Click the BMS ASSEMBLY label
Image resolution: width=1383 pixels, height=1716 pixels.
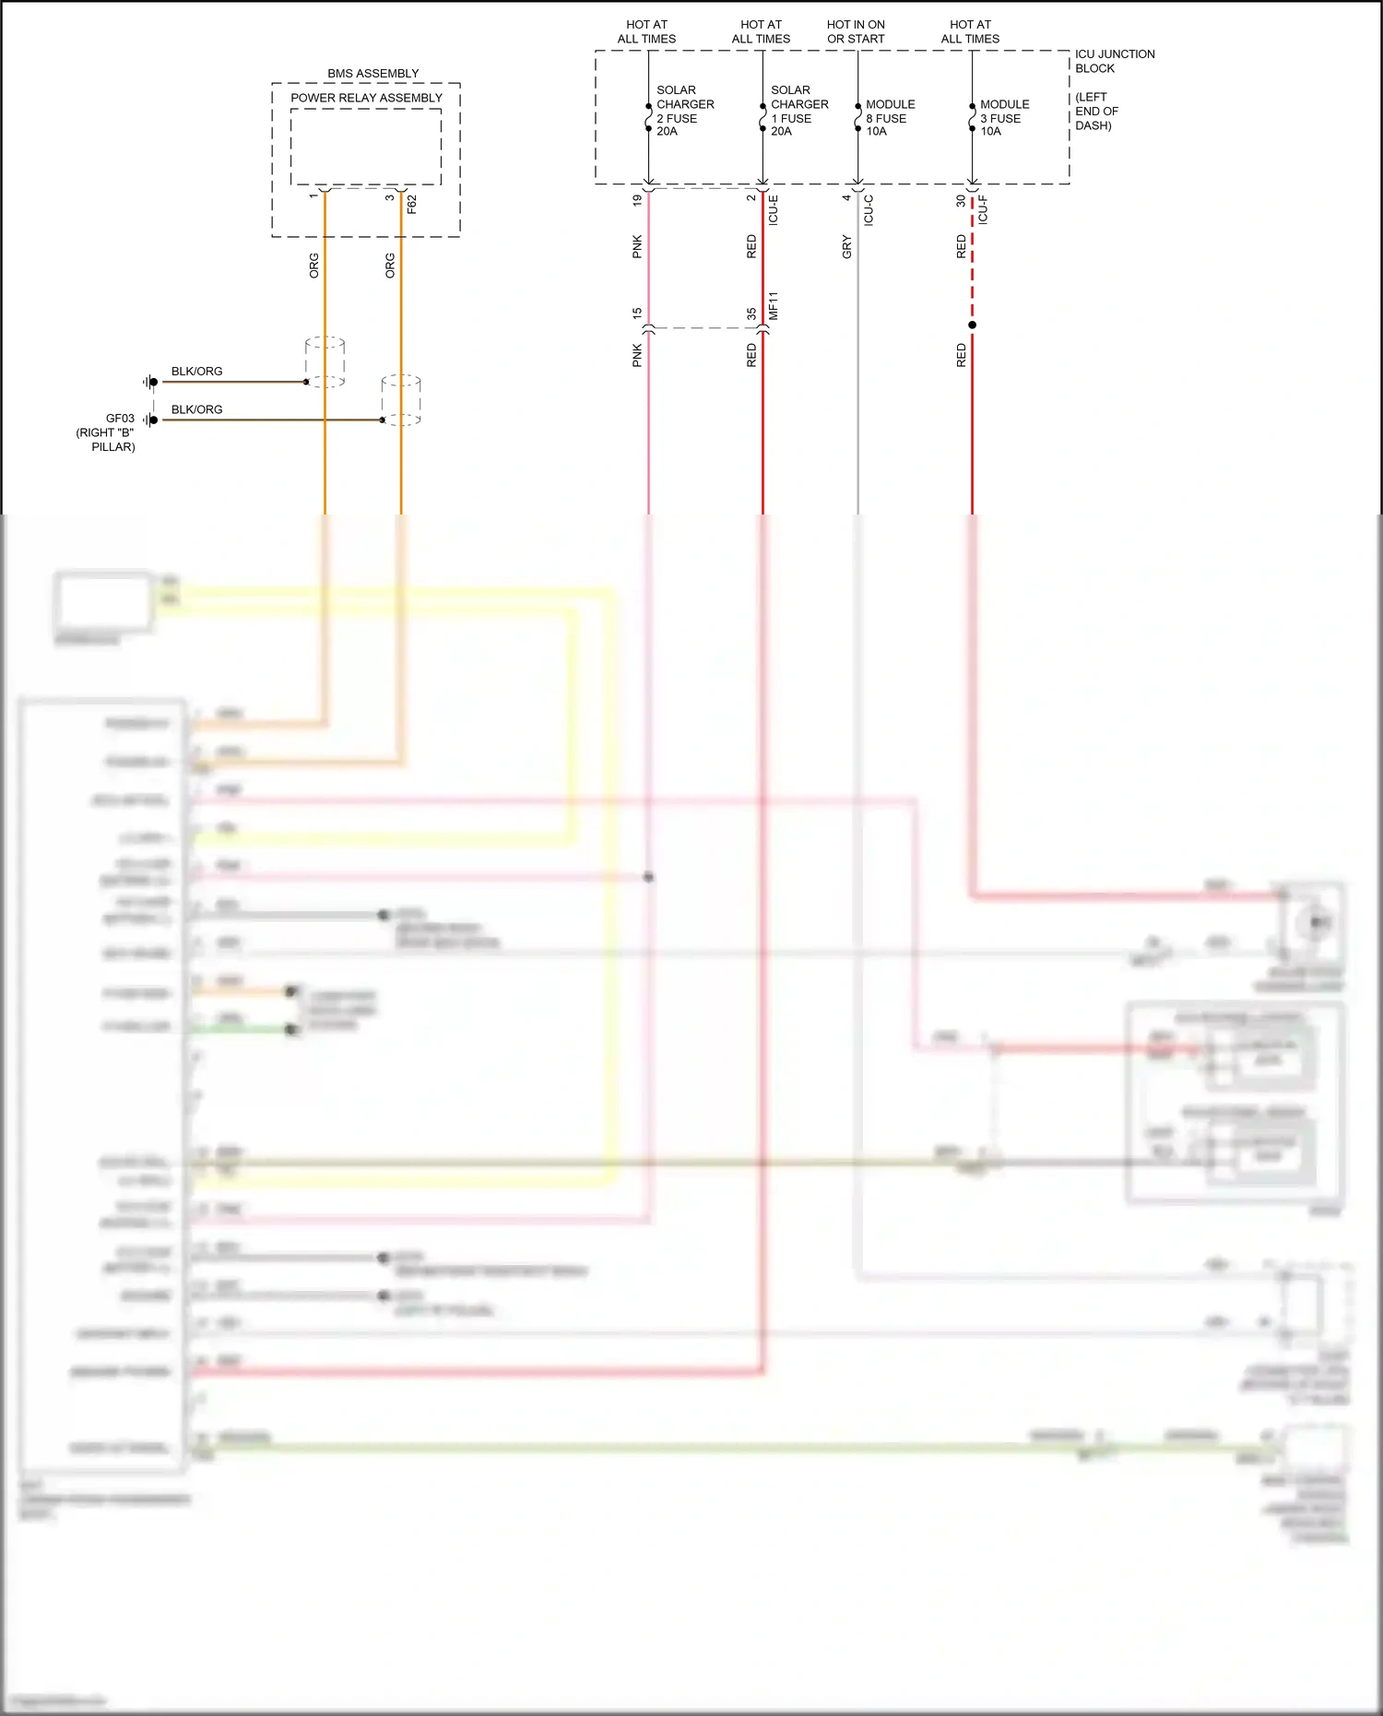(x=372, y=74)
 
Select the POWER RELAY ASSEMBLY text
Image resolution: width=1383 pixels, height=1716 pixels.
(x=366, y=98)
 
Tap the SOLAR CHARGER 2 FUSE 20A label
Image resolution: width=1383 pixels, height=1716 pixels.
(x=684, y=111)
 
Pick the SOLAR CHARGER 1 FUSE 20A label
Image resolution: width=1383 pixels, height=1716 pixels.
(x=798, y=111)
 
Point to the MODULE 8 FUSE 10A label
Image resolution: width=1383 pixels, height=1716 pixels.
(x=890, y=118)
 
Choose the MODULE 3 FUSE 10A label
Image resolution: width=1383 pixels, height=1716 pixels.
(x=1004, y=118)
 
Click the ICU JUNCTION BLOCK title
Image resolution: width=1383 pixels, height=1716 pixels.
(x=1114, y=61)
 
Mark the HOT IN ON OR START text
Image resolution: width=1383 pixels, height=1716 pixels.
(x=856, y=32)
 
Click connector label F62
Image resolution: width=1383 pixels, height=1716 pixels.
(x=412, y=204)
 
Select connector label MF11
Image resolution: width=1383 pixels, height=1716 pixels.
(x=774, y=306)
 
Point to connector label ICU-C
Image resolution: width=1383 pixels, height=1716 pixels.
(x=869, y=210)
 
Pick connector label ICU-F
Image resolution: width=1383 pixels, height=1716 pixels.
(x=983, y=210)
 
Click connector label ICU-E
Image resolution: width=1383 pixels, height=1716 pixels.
(x=774, y=210)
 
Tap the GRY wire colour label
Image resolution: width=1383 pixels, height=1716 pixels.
(x=846, y=247)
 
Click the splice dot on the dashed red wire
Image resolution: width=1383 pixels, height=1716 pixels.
(x=972, y=325)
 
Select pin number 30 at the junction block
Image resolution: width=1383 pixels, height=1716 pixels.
(x=961, y=200)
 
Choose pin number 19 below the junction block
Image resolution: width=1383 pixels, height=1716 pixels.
(x=637, y=200)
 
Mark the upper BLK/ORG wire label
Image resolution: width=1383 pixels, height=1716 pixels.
(x=196, y=372)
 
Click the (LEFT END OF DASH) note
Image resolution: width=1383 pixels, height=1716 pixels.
(x=1096, y=112)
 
